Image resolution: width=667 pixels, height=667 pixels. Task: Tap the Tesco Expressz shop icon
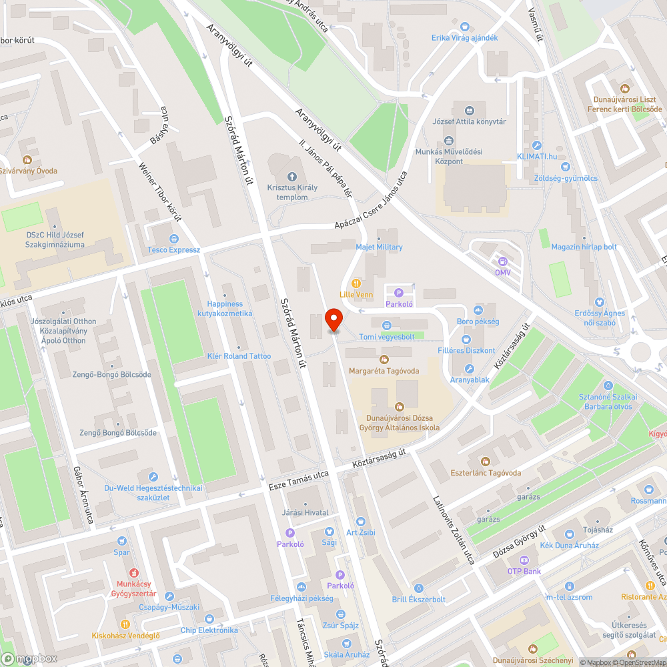coord(174,239)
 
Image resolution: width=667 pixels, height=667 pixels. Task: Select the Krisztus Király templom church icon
coord(291,177)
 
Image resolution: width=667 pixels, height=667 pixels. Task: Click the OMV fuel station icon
coord(503,261)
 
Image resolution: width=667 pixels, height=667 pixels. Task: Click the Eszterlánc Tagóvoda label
coord(486,473)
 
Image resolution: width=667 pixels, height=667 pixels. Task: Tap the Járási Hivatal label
coord(305,512)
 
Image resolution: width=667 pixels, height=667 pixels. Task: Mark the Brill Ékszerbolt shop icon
coord(418,588)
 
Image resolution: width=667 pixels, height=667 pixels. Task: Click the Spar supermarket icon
coord(121,541)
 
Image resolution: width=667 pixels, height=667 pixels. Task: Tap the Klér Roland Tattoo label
coord(239,356)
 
